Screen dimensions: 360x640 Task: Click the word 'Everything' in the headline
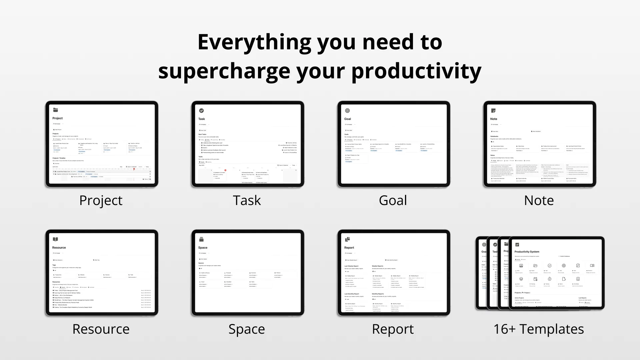click(x=254, y=43)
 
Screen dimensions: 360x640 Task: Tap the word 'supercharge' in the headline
click(x=224, y=71)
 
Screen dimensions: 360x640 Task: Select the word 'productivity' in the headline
click(x=416, y=71)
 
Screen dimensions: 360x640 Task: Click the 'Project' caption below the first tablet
click(x=101, y=200)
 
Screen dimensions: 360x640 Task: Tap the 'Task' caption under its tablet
click(x=247, y=200)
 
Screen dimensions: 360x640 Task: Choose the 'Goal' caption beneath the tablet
click(x=393, y=200)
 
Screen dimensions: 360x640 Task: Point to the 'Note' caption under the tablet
click(x=539, y=200)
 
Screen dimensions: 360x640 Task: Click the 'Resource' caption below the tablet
click(x=101, y=329)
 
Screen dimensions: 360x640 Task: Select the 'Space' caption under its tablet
click(x=247, y=329)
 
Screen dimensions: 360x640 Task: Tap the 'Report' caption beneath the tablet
click(x=393, y=329)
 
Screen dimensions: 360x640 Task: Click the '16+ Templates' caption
click(x=539, y=329)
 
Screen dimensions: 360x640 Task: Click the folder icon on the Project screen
click(x=55, y=110)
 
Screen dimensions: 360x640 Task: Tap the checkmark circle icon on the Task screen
click(x=201, y=111)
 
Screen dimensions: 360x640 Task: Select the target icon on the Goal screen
click(x=347, y=111)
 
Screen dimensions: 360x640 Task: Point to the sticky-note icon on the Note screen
click(x=493, y=111)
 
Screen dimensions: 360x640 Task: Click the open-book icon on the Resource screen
click(x=55, y=239)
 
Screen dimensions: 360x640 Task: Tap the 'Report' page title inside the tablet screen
click(x=349, y=248)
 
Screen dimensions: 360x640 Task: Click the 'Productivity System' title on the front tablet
click(x=527, y=252)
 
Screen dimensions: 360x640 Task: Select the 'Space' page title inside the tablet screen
click(x=203, y=248)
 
